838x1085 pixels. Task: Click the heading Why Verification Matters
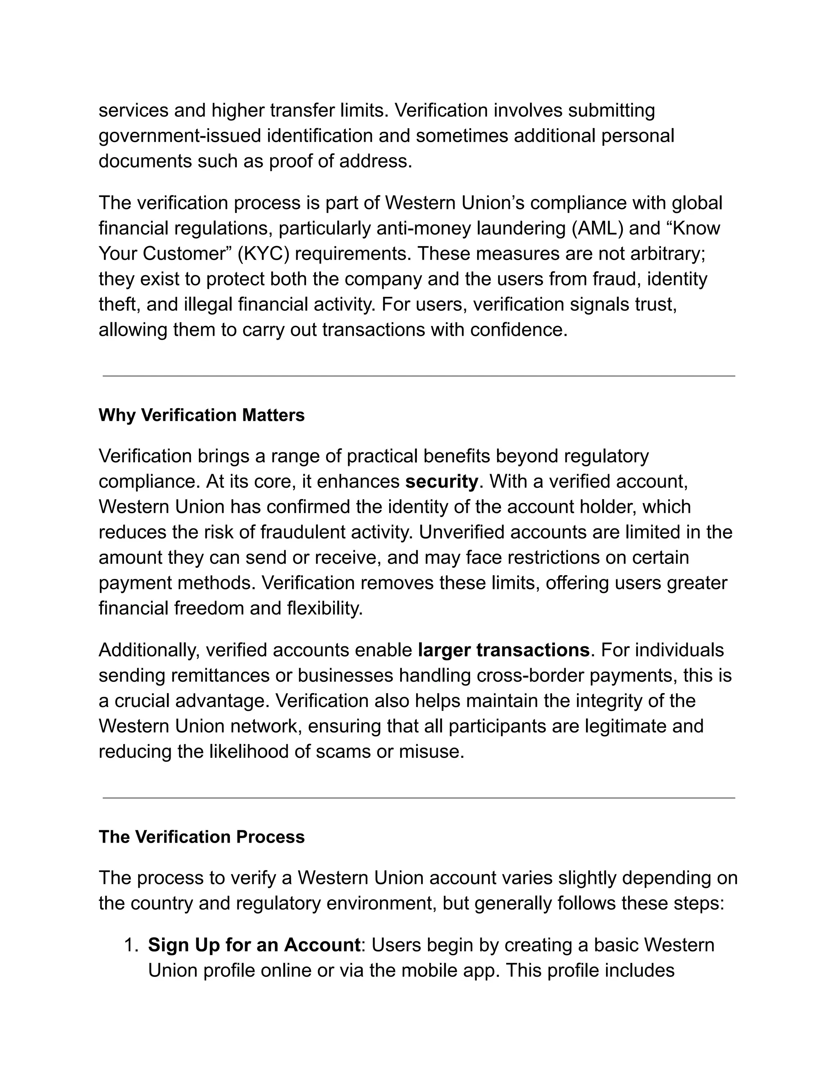(x=202, y=415)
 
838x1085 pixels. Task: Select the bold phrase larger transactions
(x=503, y=650)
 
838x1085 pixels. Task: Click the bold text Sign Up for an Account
(x=254, y=945)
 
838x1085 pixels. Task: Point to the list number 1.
(x=131, y=945)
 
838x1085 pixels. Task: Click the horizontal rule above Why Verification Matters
(x=419, y=376)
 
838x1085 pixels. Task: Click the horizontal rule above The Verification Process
(x=419, y=798)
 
